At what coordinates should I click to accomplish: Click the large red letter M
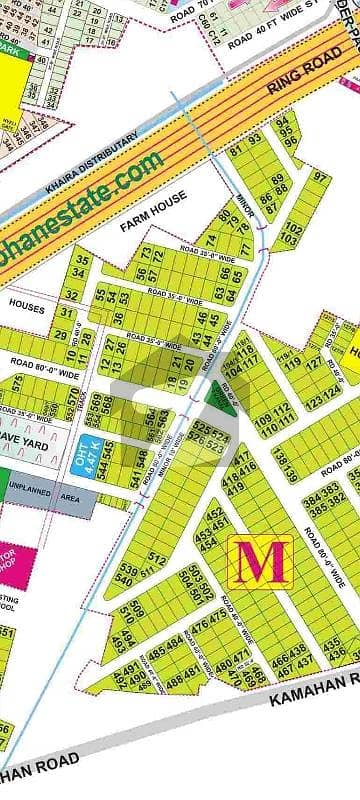click(x=261, y=562)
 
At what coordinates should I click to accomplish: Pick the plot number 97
click(x=320, y=178)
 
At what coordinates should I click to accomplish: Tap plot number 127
click(x=314, y=363)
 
